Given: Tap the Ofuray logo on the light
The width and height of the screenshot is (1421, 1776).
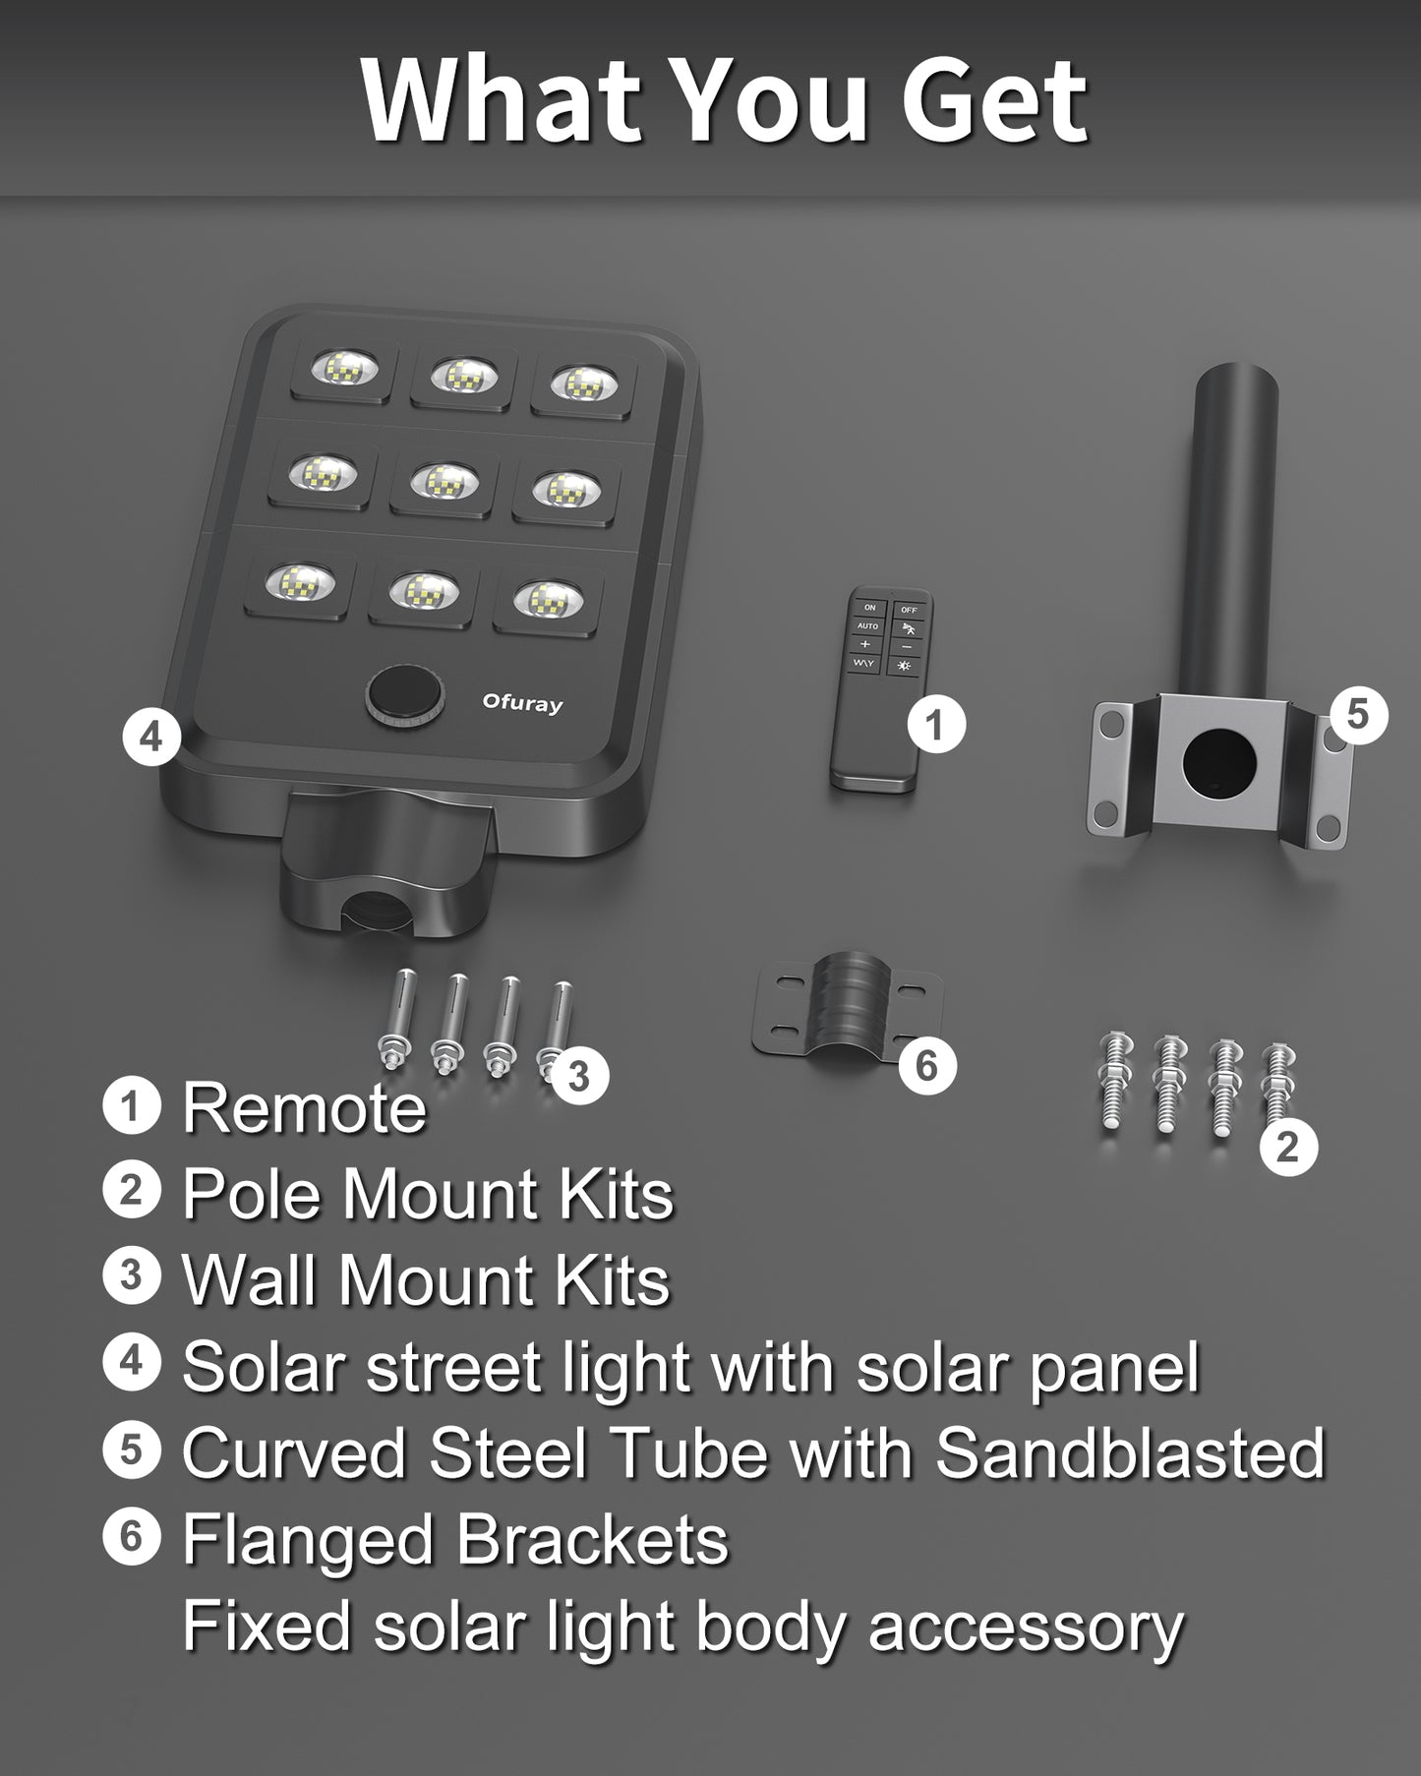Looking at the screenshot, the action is coord(522,703).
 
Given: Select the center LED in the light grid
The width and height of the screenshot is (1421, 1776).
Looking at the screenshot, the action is coord(443,481).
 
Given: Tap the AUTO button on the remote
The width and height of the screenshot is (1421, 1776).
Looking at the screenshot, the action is coord(867,625).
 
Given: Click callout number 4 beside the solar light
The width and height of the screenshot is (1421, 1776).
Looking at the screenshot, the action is coord(151,736).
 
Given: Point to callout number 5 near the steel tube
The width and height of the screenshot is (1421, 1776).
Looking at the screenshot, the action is coord(1357,714).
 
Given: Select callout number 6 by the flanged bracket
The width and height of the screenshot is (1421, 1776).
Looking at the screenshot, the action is coord(927,1065).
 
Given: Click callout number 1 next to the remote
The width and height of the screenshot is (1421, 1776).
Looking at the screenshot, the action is coord(935,725).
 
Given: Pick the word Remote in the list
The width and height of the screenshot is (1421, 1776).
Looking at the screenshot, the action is coord(305,1108).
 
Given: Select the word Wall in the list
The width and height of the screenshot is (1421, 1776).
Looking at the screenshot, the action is coord(251,1280).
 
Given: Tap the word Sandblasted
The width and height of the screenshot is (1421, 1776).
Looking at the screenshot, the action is coord(1130,1453).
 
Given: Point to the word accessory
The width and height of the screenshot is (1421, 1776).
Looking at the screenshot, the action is coord(1026,1627).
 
